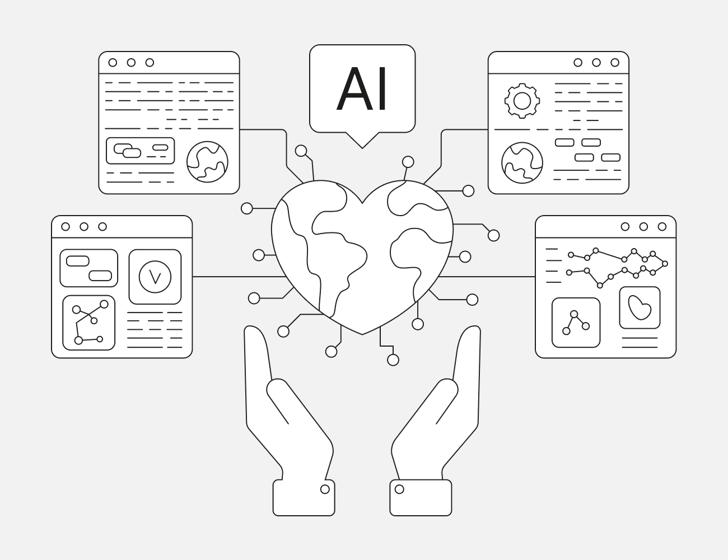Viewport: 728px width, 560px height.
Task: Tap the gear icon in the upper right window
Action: (x=522, y=101)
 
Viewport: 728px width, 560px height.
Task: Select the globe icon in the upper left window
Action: (x=207, y=162)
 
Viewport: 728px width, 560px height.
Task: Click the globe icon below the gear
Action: (x=522, y=163)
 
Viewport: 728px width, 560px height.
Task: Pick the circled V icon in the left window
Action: (x=155, y=277)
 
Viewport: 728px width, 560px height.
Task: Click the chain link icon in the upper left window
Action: (x=127, y=151)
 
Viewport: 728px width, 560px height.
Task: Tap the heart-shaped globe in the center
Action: (x=362, y=252)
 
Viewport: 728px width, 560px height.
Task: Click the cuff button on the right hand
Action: (x=399, y=489)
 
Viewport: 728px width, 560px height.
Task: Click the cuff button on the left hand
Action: (x=325, y=489)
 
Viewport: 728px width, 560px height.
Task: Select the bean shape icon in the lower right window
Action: (x=640, y=307)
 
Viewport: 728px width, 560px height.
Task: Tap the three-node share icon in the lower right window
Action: (x=576, y=323)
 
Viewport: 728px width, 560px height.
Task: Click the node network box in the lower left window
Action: (x=88, y=323)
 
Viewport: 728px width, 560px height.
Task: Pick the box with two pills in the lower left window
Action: (x=88, y=268)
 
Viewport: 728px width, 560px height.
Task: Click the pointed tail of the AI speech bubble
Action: (x=362, y=143)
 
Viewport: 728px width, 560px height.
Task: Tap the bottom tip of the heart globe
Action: (x=362, y=333)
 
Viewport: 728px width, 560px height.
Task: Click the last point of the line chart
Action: (x=665, y=263)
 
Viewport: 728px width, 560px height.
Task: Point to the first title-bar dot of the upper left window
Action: (x=113, y=63)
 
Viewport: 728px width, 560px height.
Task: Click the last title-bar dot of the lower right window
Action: (x=662, y=227)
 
